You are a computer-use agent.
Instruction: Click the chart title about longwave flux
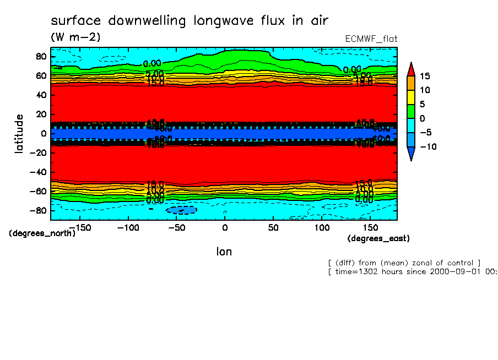pyautogui.click(x=189, y=21)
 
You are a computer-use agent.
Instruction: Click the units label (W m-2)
pyautogui.click(x=75, y=37)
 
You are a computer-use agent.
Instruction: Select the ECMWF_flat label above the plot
pyautogui.click(x=371, y=39)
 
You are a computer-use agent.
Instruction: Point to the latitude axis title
pyautogui.click(x=19, y=133)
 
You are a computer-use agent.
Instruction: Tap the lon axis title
pyautogui.click(x=224, y=252)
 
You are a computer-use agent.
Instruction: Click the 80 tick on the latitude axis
pyautogui.click(x=40, y=56)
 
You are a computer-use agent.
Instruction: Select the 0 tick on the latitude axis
pyautogui.click(x=43, y=133)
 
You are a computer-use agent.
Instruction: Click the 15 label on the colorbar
pyautogui.click(x=424, y=76)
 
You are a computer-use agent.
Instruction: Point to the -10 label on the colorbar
pyautogui.click(x=427, y=146)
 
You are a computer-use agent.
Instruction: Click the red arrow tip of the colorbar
pyautogui.click(x=411, y=68)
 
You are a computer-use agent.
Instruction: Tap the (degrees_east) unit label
pyautogui.click(x=378, y=238)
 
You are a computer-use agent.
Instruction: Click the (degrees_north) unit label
pyautogui.click(x=42, y=233)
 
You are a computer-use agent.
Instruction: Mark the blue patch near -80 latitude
pyautogui.click(x=181, y=210)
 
